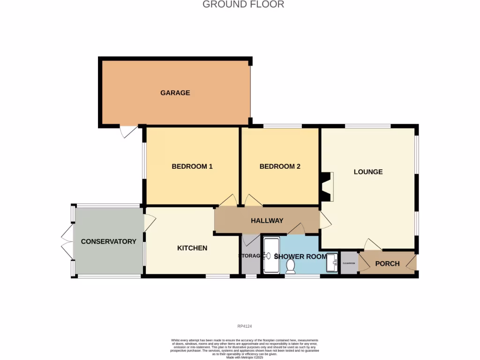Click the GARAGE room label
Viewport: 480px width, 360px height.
[x=175, y=93]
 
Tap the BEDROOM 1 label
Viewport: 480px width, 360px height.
[x=192, y=166]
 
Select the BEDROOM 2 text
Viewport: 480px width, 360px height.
[x=280, y=166]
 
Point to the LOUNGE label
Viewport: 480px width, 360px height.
[x=368, y=172]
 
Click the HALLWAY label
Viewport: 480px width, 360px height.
[x=267, y=221]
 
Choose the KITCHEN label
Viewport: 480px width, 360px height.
[x=192, y=248]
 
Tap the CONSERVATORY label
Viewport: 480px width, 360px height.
[x=108, y=242]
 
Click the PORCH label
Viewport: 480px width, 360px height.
[x=387, y=263]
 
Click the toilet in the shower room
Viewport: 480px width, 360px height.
[x=291, y=266]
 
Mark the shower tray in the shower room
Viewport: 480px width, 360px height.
[x=271, y=255]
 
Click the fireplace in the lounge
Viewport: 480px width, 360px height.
[x=327, y=187]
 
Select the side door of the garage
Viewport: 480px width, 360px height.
[x=128, y=131]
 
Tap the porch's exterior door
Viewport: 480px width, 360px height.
[x=412, y=263]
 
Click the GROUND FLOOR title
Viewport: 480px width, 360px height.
[x=243, y=5]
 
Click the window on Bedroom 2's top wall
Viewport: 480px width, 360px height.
[x=282, y=126]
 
